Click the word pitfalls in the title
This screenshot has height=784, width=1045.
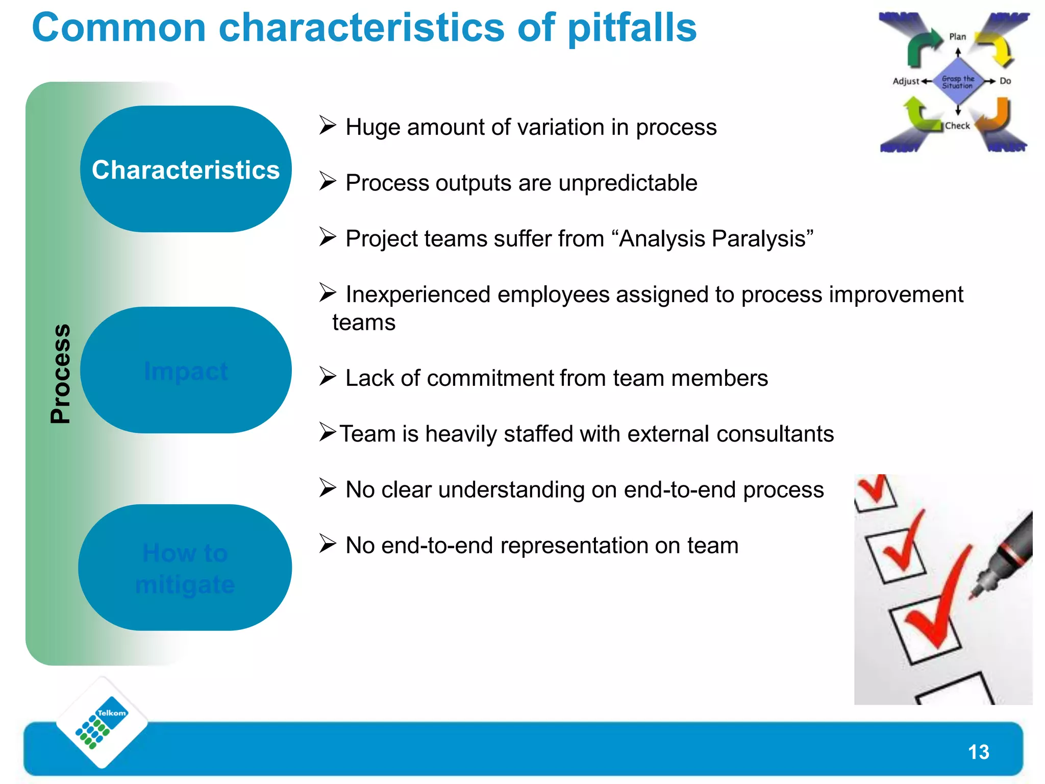tap(632, 28)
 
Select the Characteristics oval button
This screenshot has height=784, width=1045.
tap(186, 169)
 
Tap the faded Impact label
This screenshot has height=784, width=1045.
tap(186, 371)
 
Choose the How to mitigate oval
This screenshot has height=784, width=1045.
tap(185, 568)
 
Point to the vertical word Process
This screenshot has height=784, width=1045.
tap(60, 374)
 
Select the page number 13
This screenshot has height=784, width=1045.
tap(978, 752)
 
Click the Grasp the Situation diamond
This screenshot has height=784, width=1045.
tap(958, 82)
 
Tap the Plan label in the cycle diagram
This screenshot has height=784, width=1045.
tap(957, 37)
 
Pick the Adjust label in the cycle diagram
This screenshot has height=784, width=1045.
tap(906, 81)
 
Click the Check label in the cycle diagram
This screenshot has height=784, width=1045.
tap(957, 126)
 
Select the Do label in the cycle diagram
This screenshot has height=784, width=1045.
tap(1005, 81)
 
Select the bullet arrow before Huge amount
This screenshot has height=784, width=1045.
tap(328, 125)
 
